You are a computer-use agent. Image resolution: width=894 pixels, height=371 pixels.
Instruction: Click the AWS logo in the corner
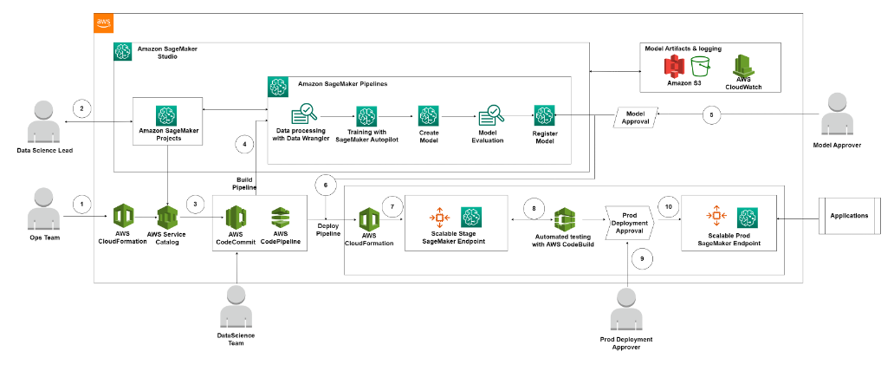click(x=103, y=23)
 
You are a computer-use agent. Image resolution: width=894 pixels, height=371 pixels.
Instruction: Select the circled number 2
click(x=82, y=108)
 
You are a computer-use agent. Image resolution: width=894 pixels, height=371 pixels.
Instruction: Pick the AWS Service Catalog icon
click(x=168, y=217)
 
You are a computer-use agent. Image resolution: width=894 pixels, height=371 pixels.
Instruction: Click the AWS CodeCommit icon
click(x=236, y=217)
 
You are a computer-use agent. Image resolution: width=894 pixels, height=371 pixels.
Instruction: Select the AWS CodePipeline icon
click(x=280, y=217)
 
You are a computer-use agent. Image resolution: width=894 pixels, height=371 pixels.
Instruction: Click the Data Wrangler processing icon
click(x=304, y=114)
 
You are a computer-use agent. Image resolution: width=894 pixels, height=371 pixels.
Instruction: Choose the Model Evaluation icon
click(x=491, y=115)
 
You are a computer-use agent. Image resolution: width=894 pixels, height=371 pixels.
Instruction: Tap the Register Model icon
click(x=544, y=115)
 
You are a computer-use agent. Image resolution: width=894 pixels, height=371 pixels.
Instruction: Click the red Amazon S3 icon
click(x=674, y=67)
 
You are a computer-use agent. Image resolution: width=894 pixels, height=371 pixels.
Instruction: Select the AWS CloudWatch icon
click(x=743, y=66)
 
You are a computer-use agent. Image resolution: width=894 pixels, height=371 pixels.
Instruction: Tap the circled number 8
click(x=534, y=209)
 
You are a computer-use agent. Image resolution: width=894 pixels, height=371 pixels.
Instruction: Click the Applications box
click(x=849, y=216)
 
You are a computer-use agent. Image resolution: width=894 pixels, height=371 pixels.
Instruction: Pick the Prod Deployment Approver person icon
click(x=626, y=310)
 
